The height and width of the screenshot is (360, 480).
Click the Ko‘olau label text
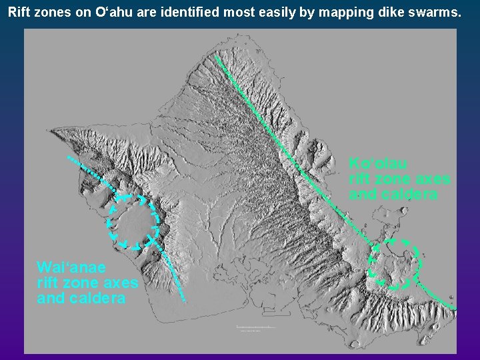pos(378,163)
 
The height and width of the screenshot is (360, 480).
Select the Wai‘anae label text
pos(71,267)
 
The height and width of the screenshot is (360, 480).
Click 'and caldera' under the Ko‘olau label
pos(393,195)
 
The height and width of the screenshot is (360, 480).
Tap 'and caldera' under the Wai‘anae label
pos(81,299)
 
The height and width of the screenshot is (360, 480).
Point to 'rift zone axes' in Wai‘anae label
pos(87,283)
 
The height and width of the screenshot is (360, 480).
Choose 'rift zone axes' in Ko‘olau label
pos(399,179)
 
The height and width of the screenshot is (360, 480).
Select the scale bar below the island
pos(256,327)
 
